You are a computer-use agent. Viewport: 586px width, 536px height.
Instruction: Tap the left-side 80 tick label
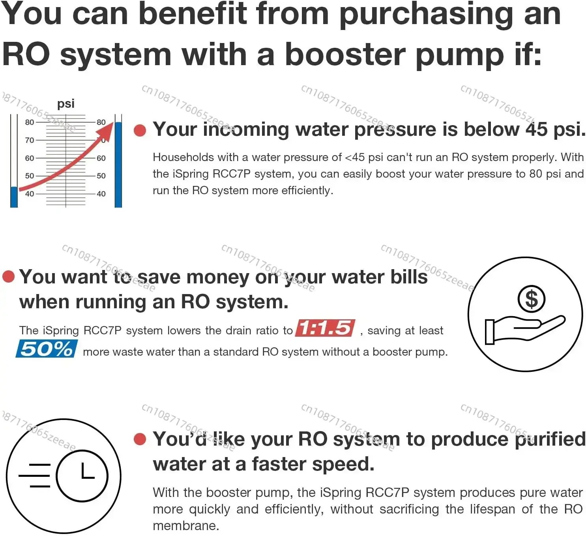point(30,122)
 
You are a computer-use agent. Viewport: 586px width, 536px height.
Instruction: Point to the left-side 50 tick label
point(30,176)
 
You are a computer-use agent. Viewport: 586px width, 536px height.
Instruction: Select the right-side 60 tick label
point(101,158)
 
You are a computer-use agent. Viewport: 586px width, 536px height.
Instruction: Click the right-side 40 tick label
point(101,193)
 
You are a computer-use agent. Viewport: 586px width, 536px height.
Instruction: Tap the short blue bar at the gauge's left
point(14,197)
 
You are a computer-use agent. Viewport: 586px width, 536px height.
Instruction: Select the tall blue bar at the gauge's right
point(118,165)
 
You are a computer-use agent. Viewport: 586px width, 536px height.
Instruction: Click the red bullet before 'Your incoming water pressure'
point(140,130)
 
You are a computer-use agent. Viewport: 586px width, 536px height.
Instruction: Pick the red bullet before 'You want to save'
point(8,276)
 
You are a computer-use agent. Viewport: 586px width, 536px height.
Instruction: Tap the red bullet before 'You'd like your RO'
point(140,439)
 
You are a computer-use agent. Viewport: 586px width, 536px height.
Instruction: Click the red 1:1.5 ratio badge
point(326,328)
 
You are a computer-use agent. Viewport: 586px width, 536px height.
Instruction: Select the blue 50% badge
point(47,349)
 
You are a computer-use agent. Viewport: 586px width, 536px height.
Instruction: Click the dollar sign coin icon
point(531,299)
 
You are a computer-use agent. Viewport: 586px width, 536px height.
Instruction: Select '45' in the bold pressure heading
point(537,129)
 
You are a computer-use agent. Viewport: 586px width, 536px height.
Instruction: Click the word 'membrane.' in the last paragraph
point(186,525)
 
